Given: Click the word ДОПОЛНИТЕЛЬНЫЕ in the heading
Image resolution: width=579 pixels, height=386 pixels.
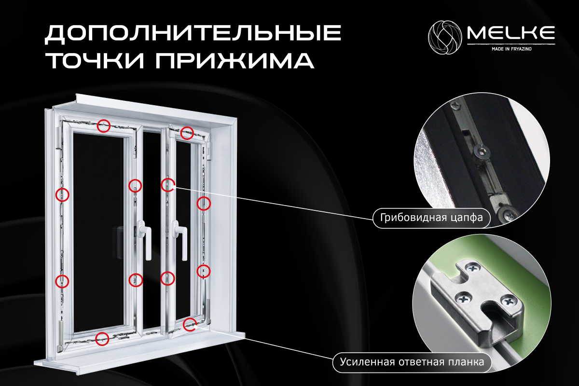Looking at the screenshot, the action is [x=193, y=34].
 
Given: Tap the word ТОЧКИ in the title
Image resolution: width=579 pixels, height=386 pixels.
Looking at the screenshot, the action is [x=96, y=61].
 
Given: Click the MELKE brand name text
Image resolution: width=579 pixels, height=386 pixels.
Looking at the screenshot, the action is [x=511, y=33].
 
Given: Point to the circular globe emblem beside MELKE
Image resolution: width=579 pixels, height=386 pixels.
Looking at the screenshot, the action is [x=445, y=38].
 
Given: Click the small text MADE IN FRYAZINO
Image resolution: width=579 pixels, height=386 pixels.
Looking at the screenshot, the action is [x=511, y=49].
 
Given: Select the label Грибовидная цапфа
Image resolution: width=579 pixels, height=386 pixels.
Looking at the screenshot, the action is [x=431, y=218].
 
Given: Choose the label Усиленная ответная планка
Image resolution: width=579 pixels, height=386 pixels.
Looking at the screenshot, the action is [x=412, y=362].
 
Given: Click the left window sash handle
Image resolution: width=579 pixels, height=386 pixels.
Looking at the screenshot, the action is [x=145, y=239].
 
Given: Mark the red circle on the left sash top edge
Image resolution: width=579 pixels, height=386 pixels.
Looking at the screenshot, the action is [x=104, y=126].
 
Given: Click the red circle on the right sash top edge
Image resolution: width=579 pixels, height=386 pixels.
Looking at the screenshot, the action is [x=187, y=133].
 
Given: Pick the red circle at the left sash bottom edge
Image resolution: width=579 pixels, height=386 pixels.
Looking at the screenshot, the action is [x=102, y=339].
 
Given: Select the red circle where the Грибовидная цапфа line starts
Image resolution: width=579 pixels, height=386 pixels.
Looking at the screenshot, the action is [x=168, y=185].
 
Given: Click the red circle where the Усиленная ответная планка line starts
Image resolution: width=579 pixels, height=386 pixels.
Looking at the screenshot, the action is [x=190, y=324].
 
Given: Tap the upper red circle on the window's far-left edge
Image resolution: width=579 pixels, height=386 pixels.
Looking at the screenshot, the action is [x=62, y=194].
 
